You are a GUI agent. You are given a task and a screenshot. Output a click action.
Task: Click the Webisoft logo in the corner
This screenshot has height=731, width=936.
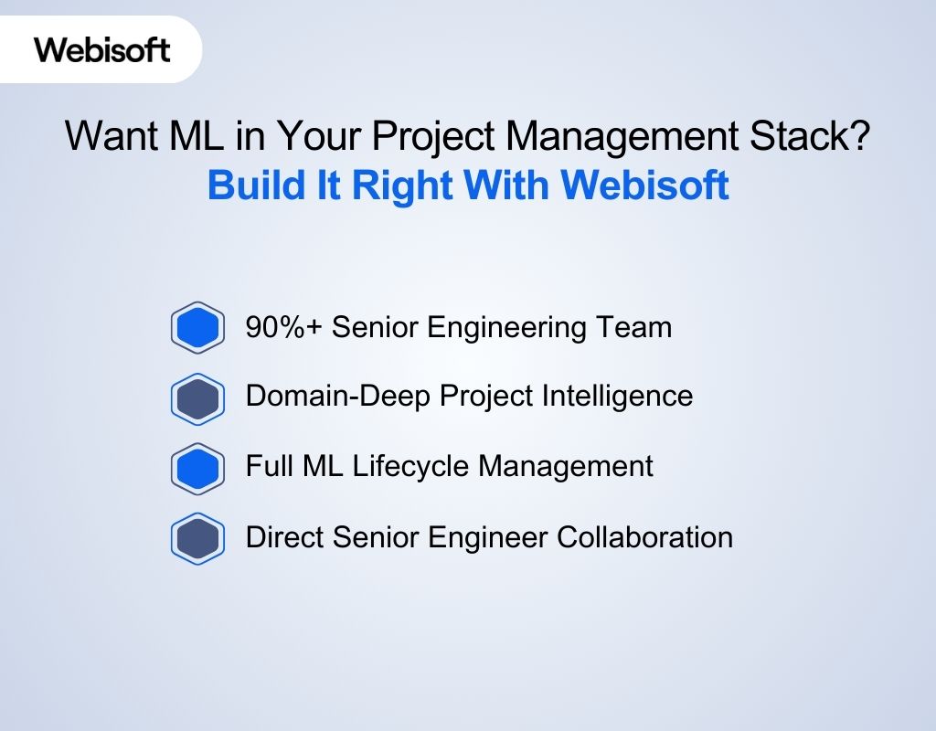point(102,49)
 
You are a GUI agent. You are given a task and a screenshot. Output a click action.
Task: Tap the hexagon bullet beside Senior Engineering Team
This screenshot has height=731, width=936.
point(197,327)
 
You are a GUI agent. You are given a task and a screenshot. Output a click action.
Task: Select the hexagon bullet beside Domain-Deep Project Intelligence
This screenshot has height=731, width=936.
point(197,397)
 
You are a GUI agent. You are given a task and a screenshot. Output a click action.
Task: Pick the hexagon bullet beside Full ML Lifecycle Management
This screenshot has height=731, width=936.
point(197,467)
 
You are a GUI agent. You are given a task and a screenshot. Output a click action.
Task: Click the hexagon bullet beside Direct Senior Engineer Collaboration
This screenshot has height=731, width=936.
point(197,537)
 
